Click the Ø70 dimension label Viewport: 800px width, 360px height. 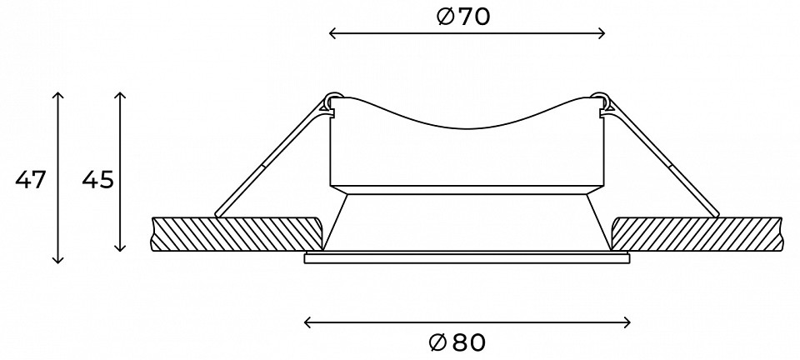463,17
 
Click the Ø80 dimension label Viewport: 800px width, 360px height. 457,342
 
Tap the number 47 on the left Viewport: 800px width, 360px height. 31,180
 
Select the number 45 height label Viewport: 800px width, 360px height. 98,180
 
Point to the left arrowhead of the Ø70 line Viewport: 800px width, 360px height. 332,33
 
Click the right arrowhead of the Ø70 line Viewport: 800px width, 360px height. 602,33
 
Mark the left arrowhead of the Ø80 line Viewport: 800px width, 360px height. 307,322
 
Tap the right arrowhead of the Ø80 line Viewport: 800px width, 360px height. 627,322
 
